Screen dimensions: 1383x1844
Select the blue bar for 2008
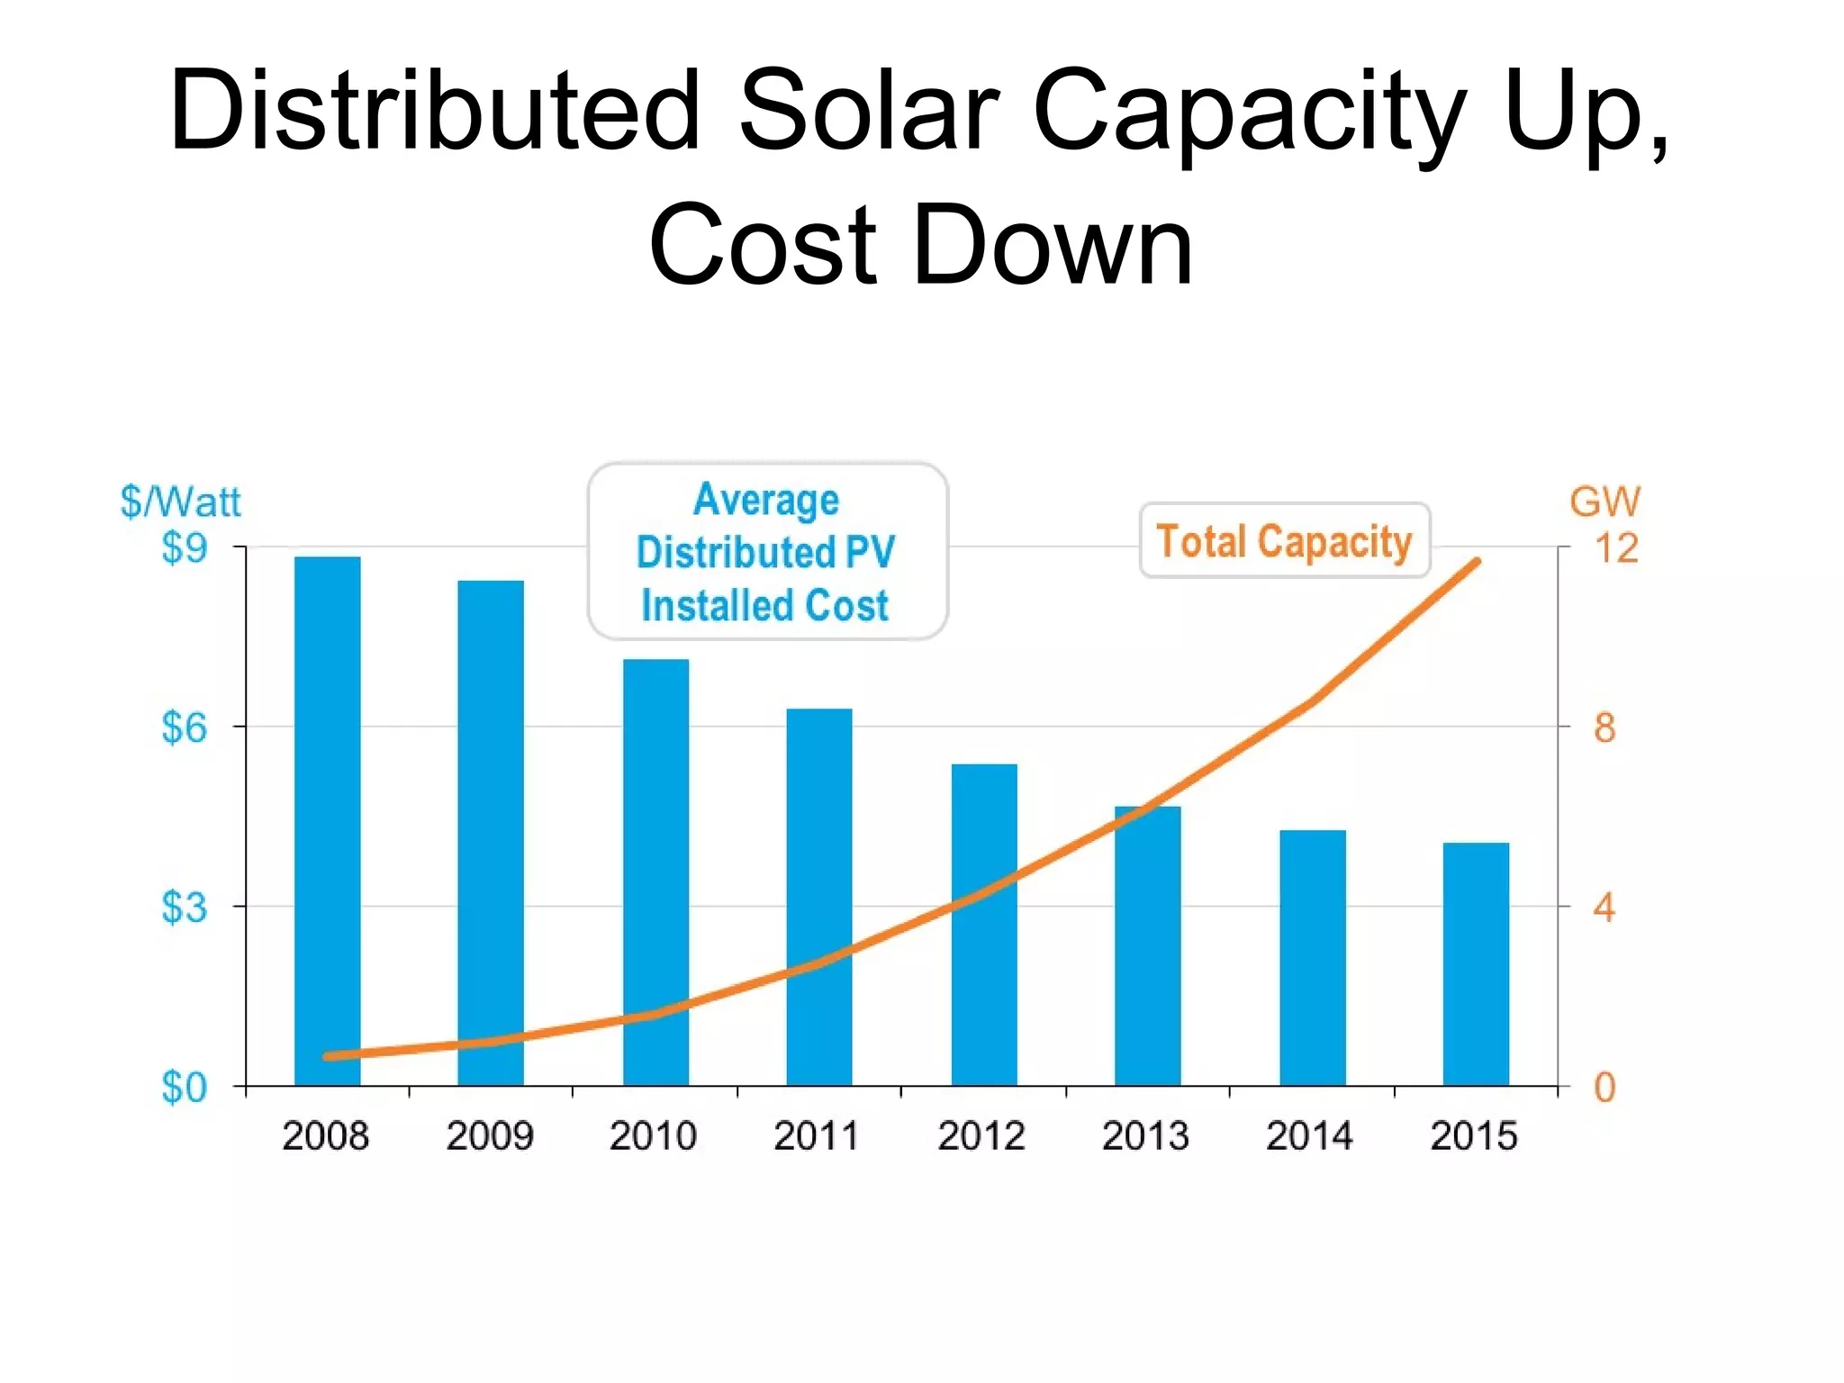click(327, 810)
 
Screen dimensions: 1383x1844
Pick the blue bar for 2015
click(1476, 963)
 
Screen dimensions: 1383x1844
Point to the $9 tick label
click(184, 547)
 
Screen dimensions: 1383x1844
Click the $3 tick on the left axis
click(184, 907)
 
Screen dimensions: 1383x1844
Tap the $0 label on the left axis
click(184, 1088)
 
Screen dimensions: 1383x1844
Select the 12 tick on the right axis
click(1615, 548)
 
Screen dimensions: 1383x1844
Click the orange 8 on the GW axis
click(1604, 728)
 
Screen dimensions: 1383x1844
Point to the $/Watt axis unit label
click(180, 502)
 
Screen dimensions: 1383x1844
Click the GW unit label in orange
click(1604, 502)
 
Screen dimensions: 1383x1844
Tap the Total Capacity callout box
click(1284, 541)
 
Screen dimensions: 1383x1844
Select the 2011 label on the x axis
click(816, 1135)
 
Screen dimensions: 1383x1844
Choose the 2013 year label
click(1145, 1135)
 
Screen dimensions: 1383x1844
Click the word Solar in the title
click(868, 111)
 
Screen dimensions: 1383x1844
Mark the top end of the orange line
click(1477, 562)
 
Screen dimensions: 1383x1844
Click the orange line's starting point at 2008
click(328, 1056)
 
